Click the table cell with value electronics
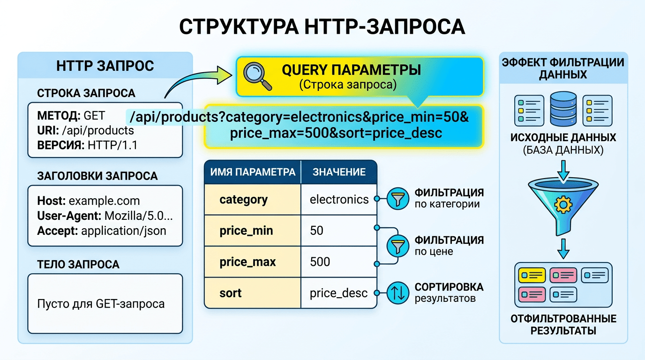339,200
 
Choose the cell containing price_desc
339,293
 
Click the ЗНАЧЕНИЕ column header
339,172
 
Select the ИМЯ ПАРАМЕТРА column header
252,172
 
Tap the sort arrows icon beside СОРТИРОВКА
397,292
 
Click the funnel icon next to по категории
397,199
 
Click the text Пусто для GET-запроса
101,304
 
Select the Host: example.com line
88,201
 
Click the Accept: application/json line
101,231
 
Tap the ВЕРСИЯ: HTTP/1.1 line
87,145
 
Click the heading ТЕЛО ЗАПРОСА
78,264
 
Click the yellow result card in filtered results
532,275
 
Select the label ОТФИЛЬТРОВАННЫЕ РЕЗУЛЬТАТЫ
563,325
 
